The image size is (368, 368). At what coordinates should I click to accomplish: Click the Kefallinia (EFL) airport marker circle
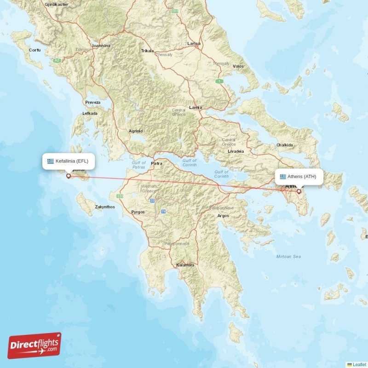click(x=69, y=175)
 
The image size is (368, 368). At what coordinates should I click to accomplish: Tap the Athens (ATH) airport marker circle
click(x=299, y=191)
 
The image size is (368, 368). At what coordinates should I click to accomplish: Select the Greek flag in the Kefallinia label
click(x=51, y=161)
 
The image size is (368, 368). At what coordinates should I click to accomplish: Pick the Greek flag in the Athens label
click(x=283, y=177)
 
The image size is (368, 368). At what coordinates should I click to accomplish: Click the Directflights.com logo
click(x=34, y=345)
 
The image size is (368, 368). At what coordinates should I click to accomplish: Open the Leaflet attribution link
click(x=359, y=364)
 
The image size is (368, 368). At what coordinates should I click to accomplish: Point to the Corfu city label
click(x=34, y=50)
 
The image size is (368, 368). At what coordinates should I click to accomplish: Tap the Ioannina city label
click(x=101, y=46)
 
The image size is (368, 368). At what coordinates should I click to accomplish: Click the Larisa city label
click(x=194, y=43)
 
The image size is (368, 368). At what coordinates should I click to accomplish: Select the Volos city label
click(x=238, y=66)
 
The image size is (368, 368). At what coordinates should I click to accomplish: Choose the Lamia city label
click(x=195, y=107)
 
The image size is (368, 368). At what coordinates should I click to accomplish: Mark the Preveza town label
click(x=92, y=102)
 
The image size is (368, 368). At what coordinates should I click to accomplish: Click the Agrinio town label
click(x=136, y=131)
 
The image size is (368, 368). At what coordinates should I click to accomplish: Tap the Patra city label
click(x=157, y=163)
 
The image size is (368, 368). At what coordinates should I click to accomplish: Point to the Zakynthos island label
click(x=105, y=207)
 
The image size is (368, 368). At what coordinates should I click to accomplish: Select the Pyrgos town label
click(x=138, y=212)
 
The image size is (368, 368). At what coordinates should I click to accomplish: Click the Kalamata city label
click(x=185, y=265)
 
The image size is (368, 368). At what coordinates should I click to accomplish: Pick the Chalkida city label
click(x=284, y=145)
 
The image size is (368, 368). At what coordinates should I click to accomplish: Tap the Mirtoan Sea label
click(x=288, y=256)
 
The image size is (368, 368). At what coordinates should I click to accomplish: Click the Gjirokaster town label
click(x=57, y=4)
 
